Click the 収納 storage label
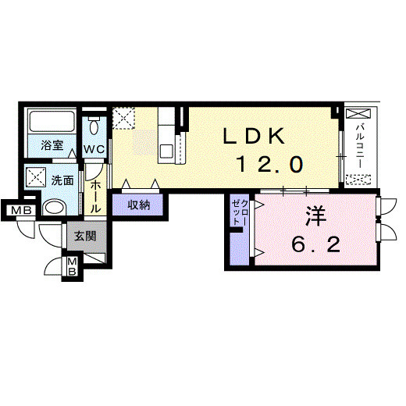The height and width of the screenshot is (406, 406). tap(140, 205)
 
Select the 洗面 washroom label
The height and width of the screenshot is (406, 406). tap(62, 179)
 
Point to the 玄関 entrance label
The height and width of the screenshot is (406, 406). tap(85, 233)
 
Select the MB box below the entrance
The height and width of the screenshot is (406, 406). tap(71, 266)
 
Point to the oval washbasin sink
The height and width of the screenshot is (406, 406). tap(55, 208)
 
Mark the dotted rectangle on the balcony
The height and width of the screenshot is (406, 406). tap(361, 179)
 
